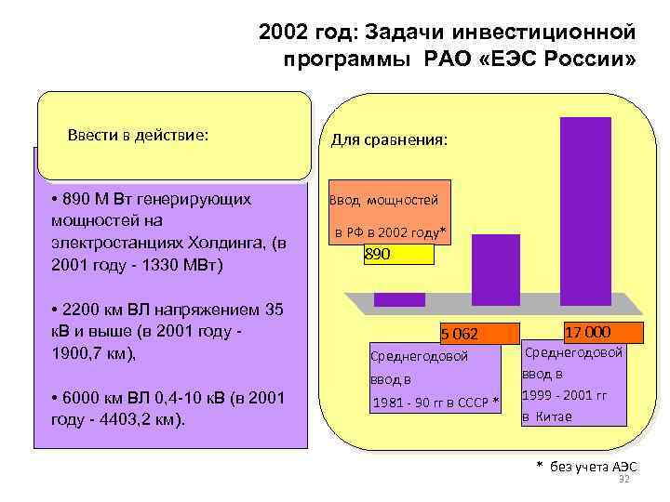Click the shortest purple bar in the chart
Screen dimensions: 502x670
[399, 299]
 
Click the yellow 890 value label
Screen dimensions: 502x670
[398, 253]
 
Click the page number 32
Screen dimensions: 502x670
[624, 479]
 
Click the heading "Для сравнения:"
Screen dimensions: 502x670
[390, 140]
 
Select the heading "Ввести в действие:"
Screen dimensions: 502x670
[138, 135]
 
